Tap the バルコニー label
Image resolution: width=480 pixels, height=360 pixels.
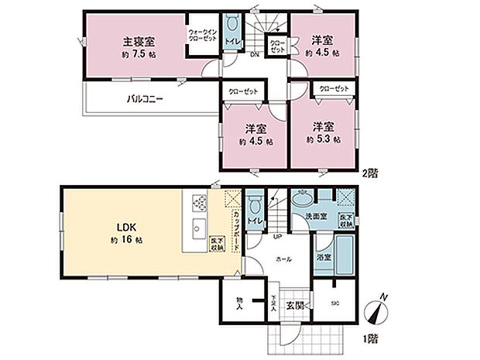(145, 99)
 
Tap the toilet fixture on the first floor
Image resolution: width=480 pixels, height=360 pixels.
(255, 210)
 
